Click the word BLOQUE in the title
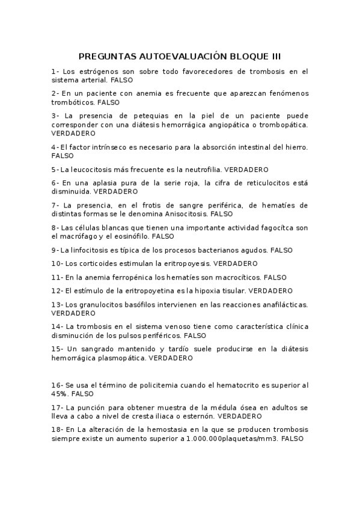coord(247,57)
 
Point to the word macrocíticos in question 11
coord(239,277)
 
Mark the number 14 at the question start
coord(56,327)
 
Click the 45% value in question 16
coord(59,394)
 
